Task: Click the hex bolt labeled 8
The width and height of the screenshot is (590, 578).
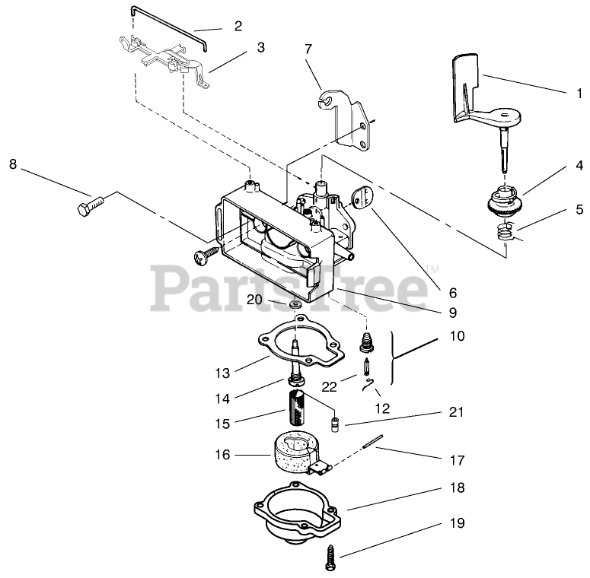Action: [x=91, y=205]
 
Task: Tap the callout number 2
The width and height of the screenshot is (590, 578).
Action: [x=238, y=26]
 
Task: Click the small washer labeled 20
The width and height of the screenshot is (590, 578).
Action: [x=295, y=304]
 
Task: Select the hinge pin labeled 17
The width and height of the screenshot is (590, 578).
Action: [x=373, y=441]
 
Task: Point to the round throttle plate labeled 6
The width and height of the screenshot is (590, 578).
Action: [x=362, y=197]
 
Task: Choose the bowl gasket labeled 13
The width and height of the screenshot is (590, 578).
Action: [x=301, y=341]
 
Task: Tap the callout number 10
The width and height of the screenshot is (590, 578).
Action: [x=458, y=335]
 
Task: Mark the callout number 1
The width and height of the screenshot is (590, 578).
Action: [x=579, y=93]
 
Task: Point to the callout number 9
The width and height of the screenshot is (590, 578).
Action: [x=453, y=313]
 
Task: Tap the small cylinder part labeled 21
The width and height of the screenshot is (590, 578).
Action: [x=333, y=425]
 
